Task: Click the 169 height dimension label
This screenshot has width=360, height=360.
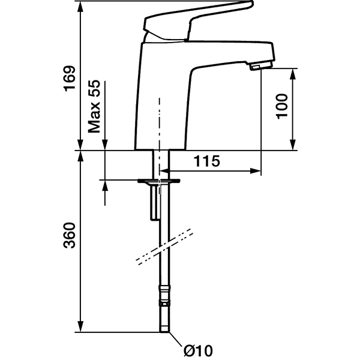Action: pos(70,79)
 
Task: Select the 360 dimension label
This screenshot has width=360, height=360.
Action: pos(70,235)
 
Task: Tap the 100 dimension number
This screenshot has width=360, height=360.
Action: pos(282,106)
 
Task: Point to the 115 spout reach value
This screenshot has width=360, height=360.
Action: pos(207,161)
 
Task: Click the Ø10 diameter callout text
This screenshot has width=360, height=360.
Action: pos(199,350)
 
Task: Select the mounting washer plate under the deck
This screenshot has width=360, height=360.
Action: pos(159,181)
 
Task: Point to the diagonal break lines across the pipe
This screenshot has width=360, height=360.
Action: pos(164,247)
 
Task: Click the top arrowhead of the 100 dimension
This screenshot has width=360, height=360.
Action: pos(292,74)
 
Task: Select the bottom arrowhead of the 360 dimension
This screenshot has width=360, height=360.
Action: pos(80,326)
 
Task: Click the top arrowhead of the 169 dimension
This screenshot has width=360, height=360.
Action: pos(80,6)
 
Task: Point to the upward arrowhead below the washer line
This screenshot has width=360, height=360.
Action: pos(105,186)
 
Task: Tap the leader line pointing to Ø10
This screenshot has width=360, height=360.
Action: pos(176,340)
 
